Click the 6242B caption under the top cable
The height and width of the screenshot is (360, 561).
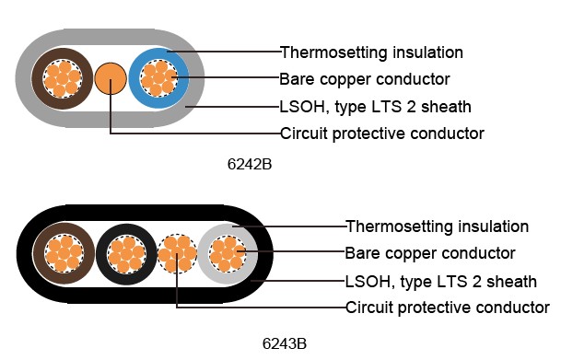tap(249, 166)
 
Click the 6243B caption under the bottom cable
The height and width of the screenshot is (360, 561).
tap(284, 344)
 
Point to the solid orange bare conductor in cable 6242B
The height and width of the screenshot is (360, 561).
tap(111, 78)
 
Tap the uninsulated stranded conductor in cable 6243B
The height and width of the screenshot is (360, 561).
tap(176, 251)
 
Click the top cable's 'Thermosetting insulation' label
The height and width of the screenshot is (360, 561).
tap(370, 52)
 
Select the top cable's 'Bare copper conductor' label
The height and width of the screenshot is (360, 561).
tap(364, 78)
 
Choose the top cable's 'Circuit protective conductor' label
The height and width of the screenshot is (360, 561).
tap(381, 134)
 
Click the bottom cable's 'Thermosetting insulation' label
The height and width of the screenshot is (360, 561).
tap(437, 226)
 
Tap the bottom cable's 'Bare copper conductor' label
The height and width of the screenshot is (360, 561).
tap(429, 252)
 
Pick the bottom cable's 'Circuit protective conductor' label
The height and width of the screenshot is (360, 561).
tap(447, 307)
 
